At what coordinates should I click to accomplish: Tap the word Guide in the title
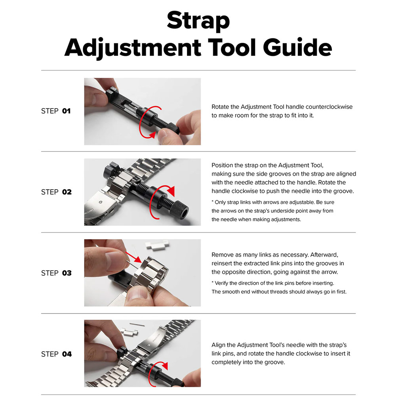297,47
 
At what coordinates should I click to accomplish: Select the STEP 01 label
56,111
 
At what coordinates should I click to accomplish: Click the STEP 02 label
56,192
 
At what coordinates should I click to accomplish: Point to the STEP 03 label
56,273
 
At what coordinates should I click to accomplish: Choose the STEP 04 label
56,354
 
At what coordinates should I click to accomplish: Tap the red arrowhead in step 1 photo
152,135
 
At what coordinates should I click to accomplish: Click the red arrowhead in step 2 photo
171,191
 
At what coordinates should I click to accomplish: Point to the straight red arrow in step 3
133,257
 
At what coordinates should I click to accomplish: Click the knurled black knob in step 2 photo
179,208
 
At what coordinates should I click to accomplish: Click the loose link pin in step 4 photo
137,324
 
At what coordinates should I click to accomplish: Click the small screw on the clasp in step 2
101,202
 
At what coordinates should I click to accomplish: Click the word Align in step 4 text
219,345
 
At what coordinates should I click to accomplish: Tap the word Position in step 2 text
222,165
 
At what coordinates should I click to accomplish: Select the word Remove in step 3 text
222,255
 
